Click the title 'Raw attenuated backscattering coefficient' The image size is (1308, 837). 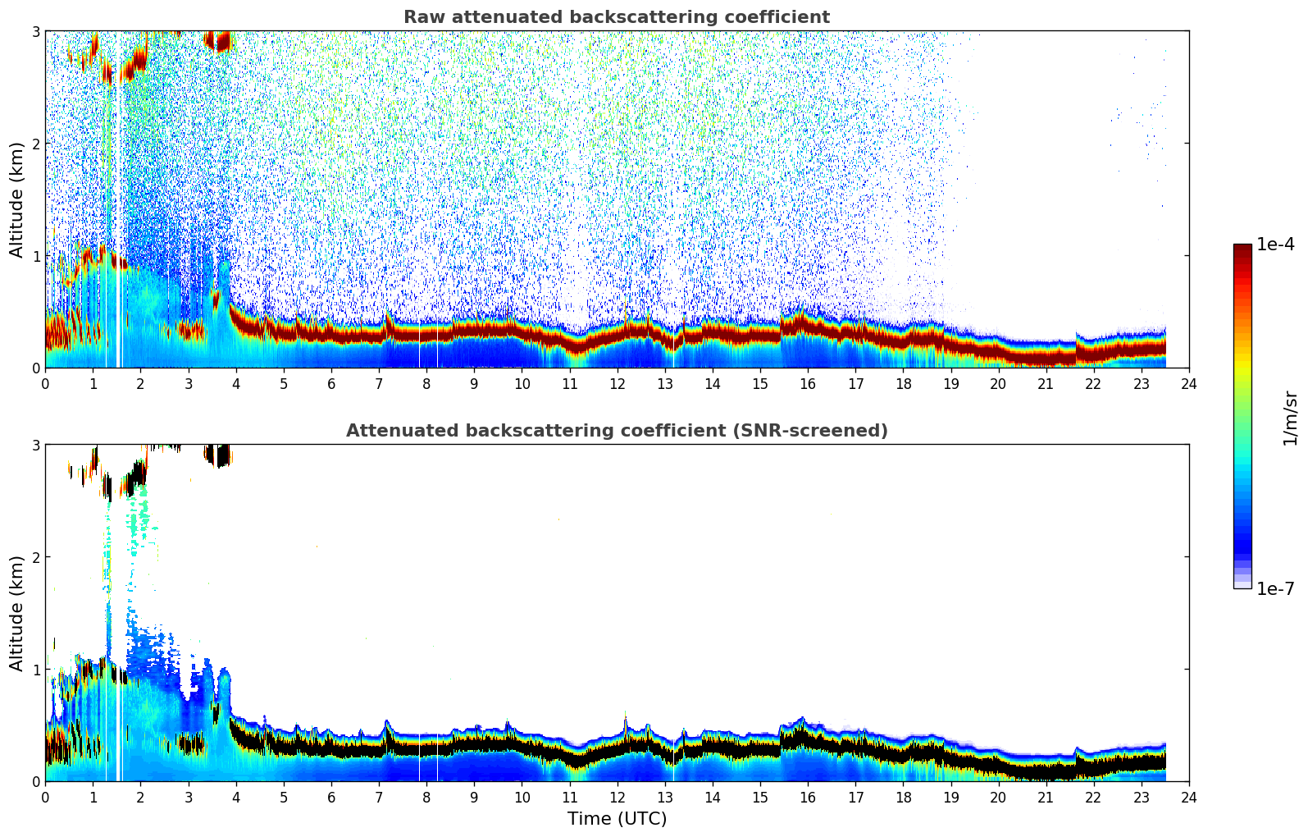pyautogui.click(x=616, y=17)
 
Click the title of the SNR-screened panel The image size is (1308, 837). pyautogui.click(x=616, y=431)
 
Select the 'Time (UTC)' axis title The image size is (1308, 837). pyautogui.click(x=617, y=819)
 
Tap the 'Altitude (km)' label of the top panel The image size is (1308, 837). pyautogui.click(x=17, y=199)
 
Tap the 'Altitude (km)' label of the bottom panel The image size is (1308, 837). pyautogui.click(x=17, y=613)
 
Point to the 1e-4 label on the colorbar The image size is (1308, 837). pyautogui.click(x=1275, y=245)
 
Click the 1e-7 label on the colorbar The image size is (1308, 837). pyautogui.click(x=1275, y=588)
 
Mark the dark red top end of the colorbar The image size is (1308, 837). pyautogui.click(x=1242, y=248)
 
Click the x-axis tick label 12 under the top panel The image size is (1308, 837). pyautogui.click(x=617, y=384)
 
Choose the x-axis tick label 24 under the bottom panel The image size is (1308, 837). pyautogui.click(x=1188, y=798)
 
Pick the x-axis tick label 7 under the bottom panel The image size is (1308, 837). pyautogui.click(x=379, y=798)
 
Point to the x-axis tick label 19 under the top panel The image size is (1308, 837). pyautogui.click(x=950, y=384)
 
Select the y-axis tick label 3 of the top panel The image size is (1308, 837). pyautogui.click(x=36, y=31)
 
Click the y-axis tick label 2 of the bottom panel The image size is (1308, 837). pyautogui.click(x=36, y=557)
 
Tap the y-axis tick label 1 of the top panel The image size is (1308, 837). pyautogui.click(x=36, y=256)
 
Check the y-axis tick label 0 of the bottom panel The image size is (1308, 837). pyautogui.click(x=36, y=781)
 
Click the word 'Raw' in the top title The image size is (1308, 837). pyautogui.click(x=421, y=17)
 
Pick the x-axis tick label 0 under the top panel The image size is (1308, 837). pyautogui.click(x=45, y=384)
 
